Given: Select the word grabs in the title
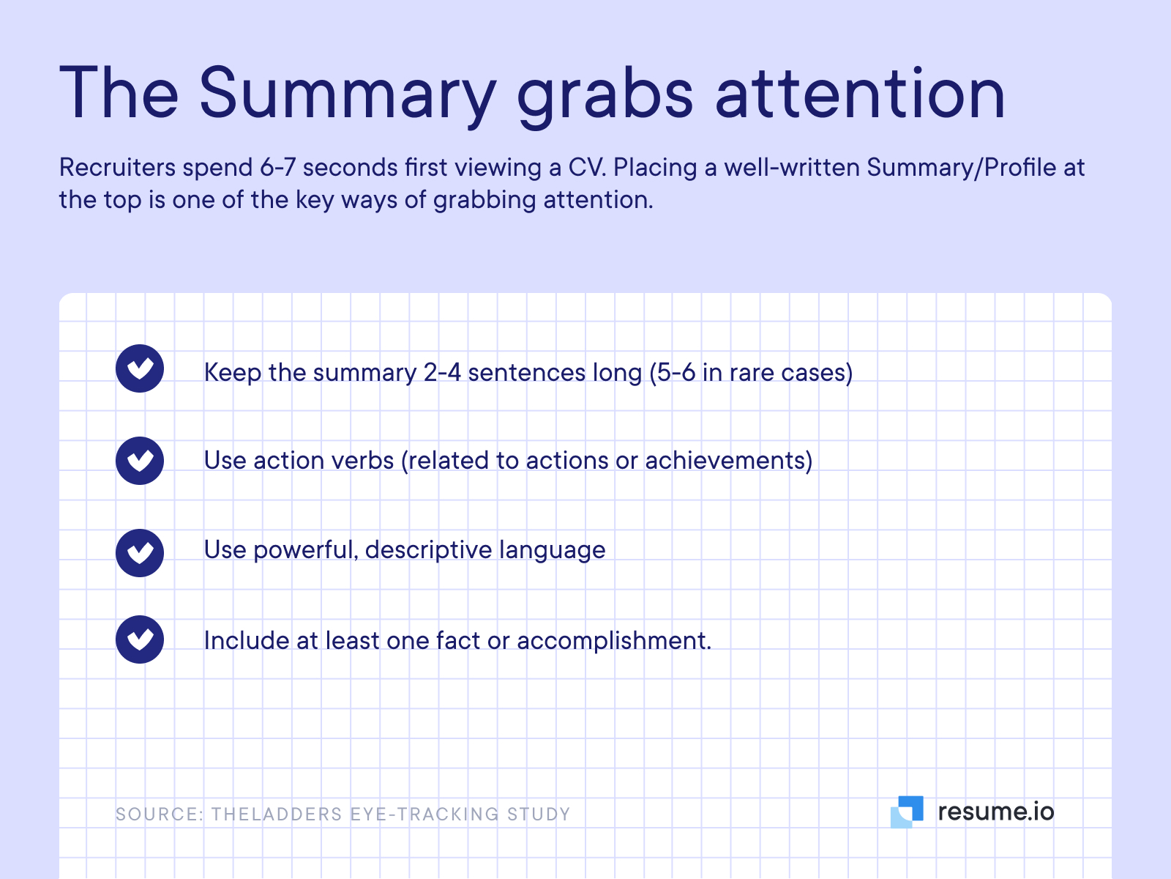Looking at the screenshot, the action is tap(605, 96).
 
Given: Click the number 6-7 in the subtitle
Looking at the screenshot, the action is tap(277, 168).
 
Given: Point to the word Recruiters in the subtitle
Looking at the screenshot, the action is tap(117, 168).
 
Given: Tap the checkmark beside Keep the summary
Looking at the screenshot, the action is tap(140, 368).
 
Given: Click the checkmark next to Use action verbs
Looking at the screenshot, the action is tap(140, 461).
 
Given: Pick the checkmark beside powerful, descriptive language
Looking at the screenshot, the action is tap(140, 553).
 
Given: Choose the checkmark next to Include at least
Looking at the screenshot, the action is tap(140, 639).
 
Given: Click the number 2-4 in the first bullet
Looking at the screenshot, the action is tap(442, 373).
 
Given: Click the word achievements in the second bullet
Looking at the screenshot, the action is tap(725, 461).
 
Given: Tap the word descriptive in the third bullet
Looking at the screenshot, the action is tap(428, 550).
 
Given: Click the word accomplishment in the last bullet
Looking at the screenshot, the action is tap(611, 641).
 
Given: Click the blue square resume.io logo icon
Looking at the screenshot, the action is tap(907, 812).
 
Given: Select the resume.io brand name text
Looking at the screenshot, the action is tap(996, 812).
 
